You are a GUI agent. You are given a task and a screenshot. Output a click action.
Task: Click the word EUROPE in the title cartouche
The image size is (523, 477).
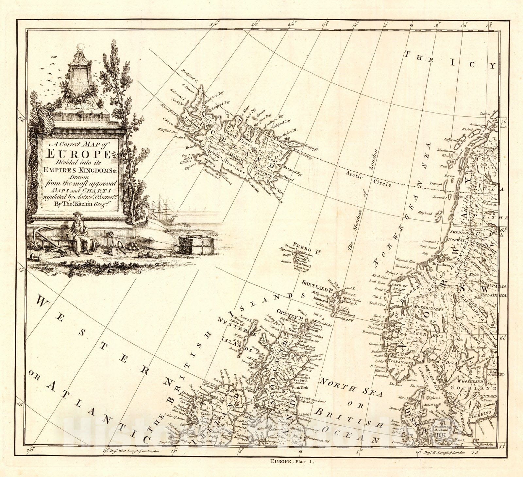[x=79, y=153]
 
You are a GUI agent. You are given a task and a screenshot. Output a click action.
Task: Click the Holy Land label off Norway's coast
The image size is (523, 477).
[x=425, y=213]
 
